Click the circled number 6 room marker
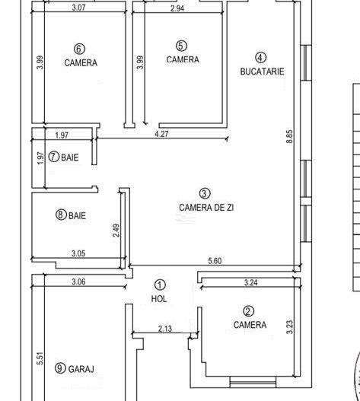[x=79, y=49]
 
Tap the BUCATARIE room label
[x=262, y=71]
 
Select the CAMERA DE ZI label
[x=206, y=208]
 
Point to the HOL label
[x=159, y=299]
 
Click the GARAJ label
[x=81, y=369]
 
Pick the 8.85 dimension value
[x=289, y=137]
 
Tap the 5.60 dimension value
[x=215, y=261]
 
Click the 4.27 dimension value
[x=161, y=134]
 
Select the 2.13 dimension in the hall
[x=164, y=329]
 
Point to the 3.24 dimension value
[x=250, y=282]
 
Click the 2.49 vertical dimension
[x=116, y=230]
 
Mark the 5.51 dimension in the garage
[x=40, y=358]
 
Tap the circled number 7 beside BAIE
[x=54, y=157]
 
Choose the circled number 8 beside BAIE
[x=61, y=215]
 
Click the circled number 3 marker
[x=205, y=193]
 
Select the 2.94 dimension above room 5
[x=177, y=8]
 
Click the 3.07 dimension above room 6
[x=78, y=8]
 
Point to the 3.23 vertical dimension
[x=289, y=327]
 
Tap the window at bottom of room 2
[x=253, y=382]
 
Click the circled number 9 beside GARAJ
[x=60, y=368]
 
